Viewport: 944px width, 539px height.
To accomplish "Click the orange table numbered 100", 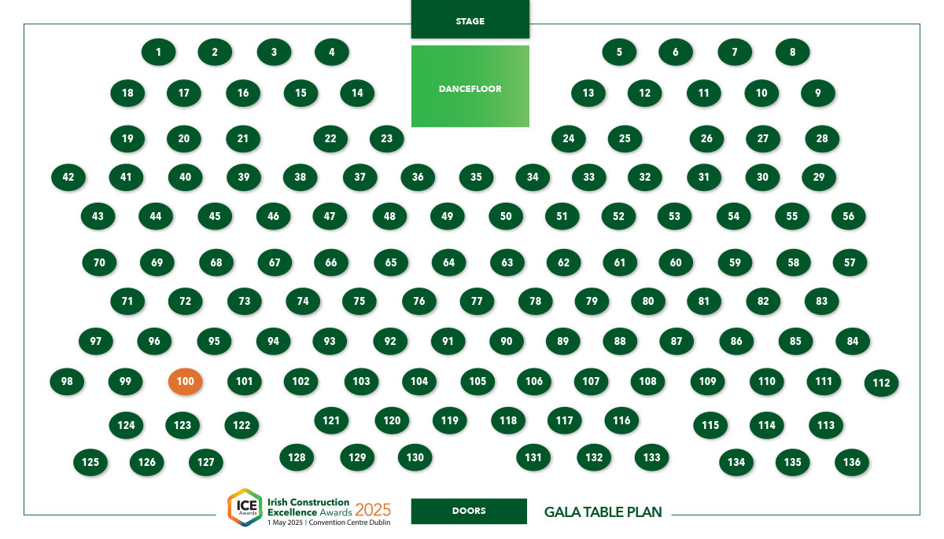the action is (185, 381).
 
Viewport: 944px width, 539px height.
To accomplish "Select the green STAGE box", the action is (470, 20).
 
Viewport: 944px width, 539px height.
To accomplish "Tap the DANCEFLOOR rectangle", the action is (470, 86).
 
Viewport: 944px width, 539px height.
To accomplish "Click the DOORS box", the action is (469, 511).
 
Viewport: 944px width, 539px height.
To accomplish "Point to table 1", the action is (158, 52).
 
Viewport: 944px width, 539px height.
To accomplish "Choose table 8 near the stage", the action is (792, 52).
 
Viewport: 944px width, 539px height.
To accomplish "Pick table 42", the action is (68, 177).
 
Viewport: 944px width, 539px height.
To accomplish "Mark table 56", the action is (848, 216).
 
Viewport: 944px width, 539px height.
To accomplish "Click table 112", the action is (881, 383).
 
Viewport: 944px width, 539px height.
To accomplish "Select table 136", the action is (852, 462).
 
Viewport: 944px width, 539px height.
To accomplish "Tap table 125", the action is (90, 462).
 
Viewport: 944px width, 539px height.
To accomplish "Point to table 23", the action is (386, 138).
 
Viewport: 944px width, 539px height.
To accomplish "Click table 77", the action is (477, 301).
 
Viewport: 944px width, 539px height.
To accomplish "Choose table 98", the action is (67, 381).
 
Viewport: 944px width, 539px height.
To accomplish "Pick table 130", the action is (415, 457).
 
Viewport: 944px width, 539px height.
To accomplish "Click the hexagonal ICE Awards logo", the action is (245, 507).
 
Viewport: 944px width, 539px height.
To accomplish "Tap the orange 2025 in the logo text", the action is (373, 510).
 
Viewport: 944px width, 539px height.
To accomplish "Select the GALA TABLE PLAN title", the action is (603, 512).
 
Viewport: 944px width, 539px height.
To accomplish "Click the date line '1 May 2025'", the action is (286, 522).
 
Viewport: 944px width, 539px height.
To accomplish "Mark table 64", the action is (449, 262).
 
